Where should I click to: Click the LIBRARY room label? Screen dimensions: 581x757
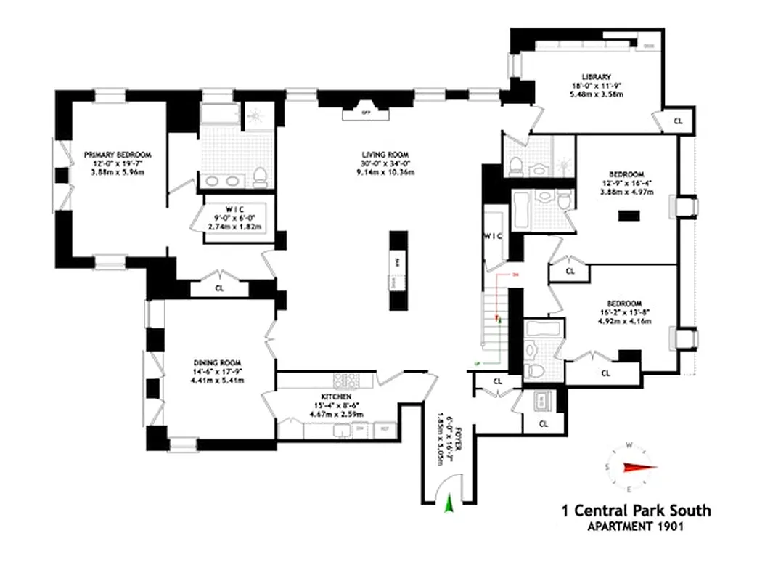pyautogui.click(x=596, y=77)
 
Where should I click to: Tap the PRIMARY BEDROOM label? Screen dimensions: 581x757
pyautogui.click(x=117, y=155)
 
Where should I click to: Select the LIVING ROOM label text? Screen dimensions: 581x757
pyautogui.click(x=385, y=155)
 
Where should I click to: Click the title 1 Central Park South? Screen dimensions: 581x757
pyautogui.click(x=636, y=511)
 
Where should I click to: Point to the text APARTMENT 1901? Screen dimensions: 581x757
pyautogui.click(x=636, y=527)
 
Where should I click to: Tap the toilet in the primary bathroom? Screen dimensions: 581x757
pyautogui.click(x=259, y=175)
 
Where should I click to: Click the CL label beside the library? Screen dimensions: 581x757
pyautogui.click(x=678, y=122)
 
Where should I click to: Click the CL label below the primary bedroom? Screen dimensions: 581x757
pyautogui.click(x=219, y=288)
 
